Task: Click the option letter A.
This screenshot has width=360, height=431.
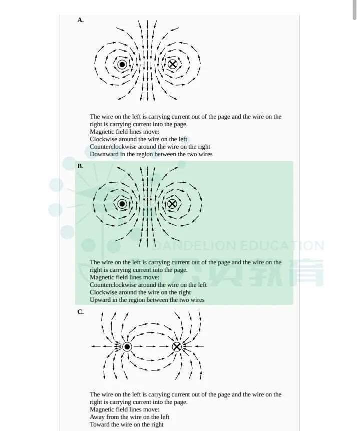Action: click(x=80, y=20)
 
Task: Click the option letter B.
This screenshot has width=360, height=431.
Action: click(x=80, y=166)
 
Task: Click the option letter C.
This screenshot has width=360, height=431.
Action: click(x=80, y=312)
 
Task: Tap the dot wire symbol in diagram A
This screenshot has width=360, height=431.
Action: click(x=122, y=65)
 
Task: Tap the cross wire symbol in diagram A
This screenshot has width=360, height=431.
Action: click(x=172, y=64)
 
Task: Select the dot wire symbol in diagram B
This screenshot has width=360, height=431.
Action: click(x=122, y=204)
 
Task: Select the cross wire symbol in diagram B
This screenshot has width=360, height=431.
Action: click(x=172, y=204)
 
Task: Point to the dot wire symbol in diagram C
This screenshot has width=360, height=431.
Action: click(x=127, y=347)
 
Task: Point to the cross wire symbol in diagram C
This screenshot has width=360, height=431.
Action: click(x=177, y=347)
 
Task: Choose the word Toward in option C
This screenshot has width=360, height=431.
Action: click(x=99, y=424)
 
